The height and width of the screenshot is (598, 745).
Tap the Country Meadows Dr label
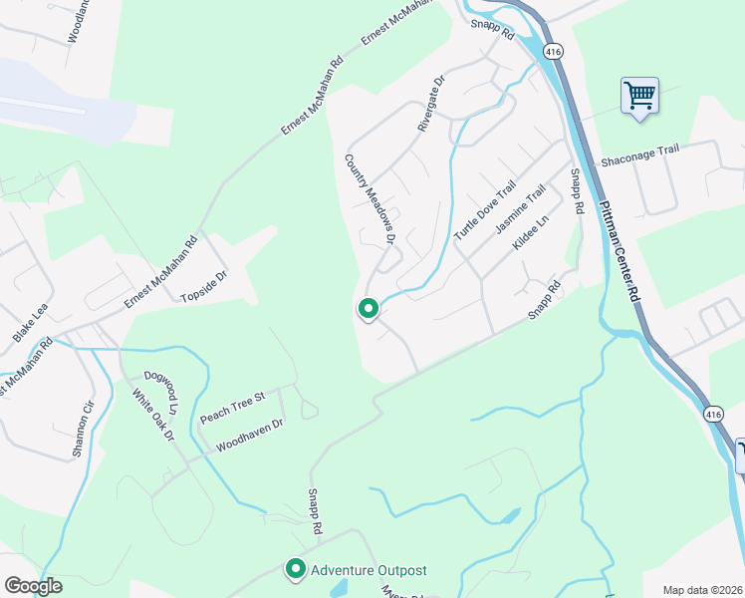pos(371,199)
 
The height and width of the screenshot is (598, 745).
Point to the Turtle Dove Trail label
pos(485,210)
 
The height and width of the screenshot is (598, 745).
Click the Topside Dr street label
pos(205,285)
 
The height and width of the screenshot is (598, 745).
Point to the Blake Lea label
pos(30,325)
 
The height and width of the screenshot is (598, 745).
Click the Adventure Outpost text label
pos(369,570)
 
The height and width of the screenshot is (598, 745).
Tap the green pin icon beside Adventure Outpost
pos(296,569)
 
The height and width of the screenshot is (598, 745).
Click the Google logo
pos(33,585)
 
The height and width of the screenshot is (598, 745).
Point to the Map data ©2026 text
pos(702,590)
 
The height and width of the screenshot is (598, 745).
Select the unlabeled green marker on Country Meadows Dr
pos(369,310)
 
